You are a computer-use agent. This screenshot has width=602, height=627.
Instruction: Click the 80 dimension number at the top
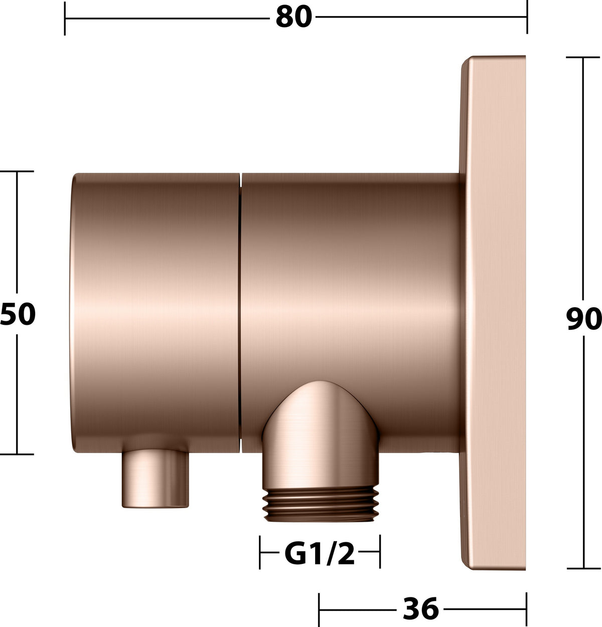(294, 17)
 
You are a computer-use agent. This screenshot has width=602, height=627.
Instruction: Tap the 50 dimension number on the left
(18, 314)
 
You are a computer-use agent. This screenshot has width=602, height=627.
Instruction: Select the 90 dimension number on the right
(583, 318)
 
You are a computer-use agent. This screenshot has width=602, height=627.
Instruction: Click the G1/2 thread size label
(320, 554)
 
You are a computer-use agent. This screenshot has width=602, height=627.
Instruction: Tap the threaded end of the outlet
(321, 504)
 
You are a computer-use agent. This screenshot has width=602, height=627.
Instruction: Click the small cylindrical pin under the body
(155, 479)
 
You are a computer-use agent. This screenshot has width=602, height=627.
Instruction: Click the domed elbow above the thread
(320, 435)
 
